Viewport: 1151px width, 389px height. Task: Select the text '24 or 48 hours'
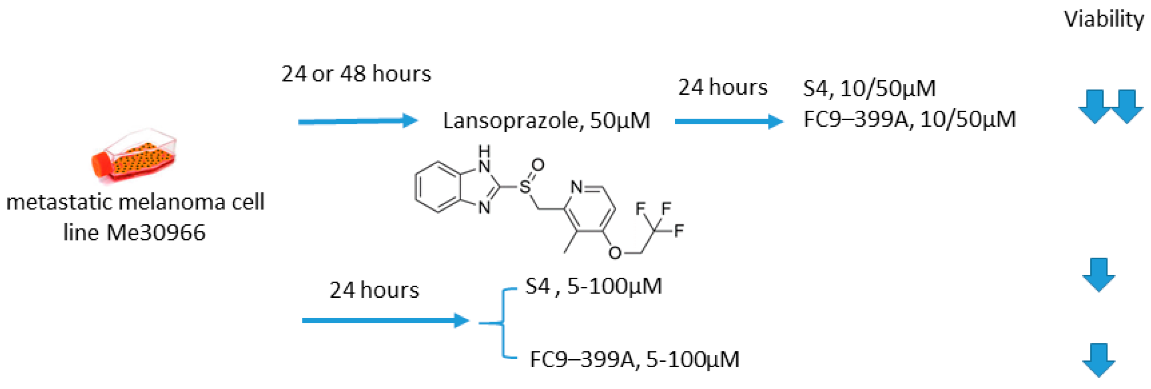pyautogui.click(x=356, y=74)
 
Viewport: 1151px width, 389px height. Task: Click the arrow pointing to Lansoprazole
pyautogui.click(x=357, y=121)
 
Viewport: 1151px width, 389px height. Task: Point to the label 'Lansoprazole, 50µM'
pyautogui.click(x=546, y=121)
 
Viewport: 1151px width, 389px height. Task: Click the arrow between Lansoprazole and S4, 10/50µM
pyautogui.click(x=728, y=121)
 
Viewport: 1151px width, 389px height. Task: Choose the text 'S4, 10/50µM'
pyautogui.click(x=869, y=88)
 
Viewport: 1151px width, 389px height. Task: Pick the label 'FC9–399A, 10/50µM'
pyautogui.click(x=909, y=119)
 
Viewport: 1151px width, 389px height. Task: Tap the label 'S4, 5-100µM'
pyautogui.click(x=593, y=286)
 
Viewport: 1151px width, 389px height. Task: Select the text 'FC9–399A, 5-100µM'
pyautogui.click(x=635, y=360)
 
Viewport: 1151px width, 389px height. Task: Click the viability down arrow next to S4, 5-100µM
pyautogui.click(x=1098, y=275)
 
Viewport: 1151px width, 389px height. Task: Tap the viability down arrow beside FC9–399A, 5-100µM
pyautogui.click(x=1098, y=360)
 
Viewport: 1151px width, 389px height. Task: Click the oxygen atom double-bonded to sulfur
pyautogui.click(x=538, y=165)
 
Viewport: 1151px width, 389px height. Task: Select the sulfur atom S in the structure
pyautogui.click(x=524, y=186)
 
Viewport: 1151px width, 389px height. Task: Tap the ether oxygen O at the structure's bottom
pyautogui.click(x=615, y=253)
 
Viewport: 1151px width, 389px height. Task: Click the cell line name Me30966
pyautogui.click(x=156, y=233)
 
